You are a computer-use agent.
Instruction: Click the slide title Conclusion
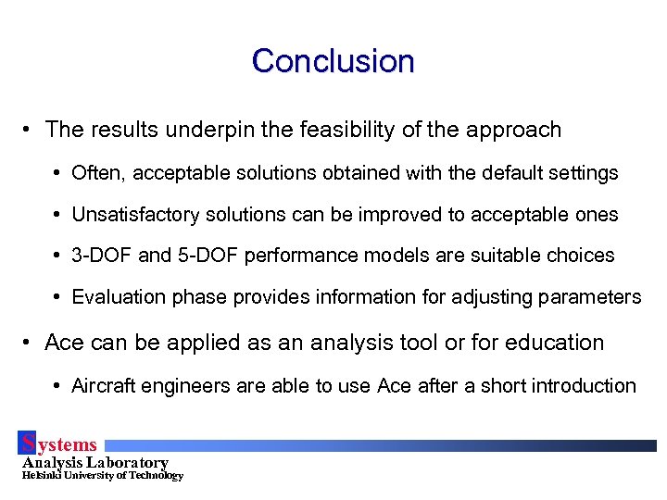[x=333, y=61]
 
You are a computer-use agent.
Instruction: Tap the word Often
[x=94, y=173]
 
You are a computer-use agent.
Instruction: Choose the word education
[x=552, y=343]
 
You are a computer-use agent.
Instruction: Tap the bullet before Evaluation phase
[x=57, y=297]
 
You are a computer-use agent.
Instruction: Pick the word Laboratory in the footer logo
[x=128, y=462]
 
